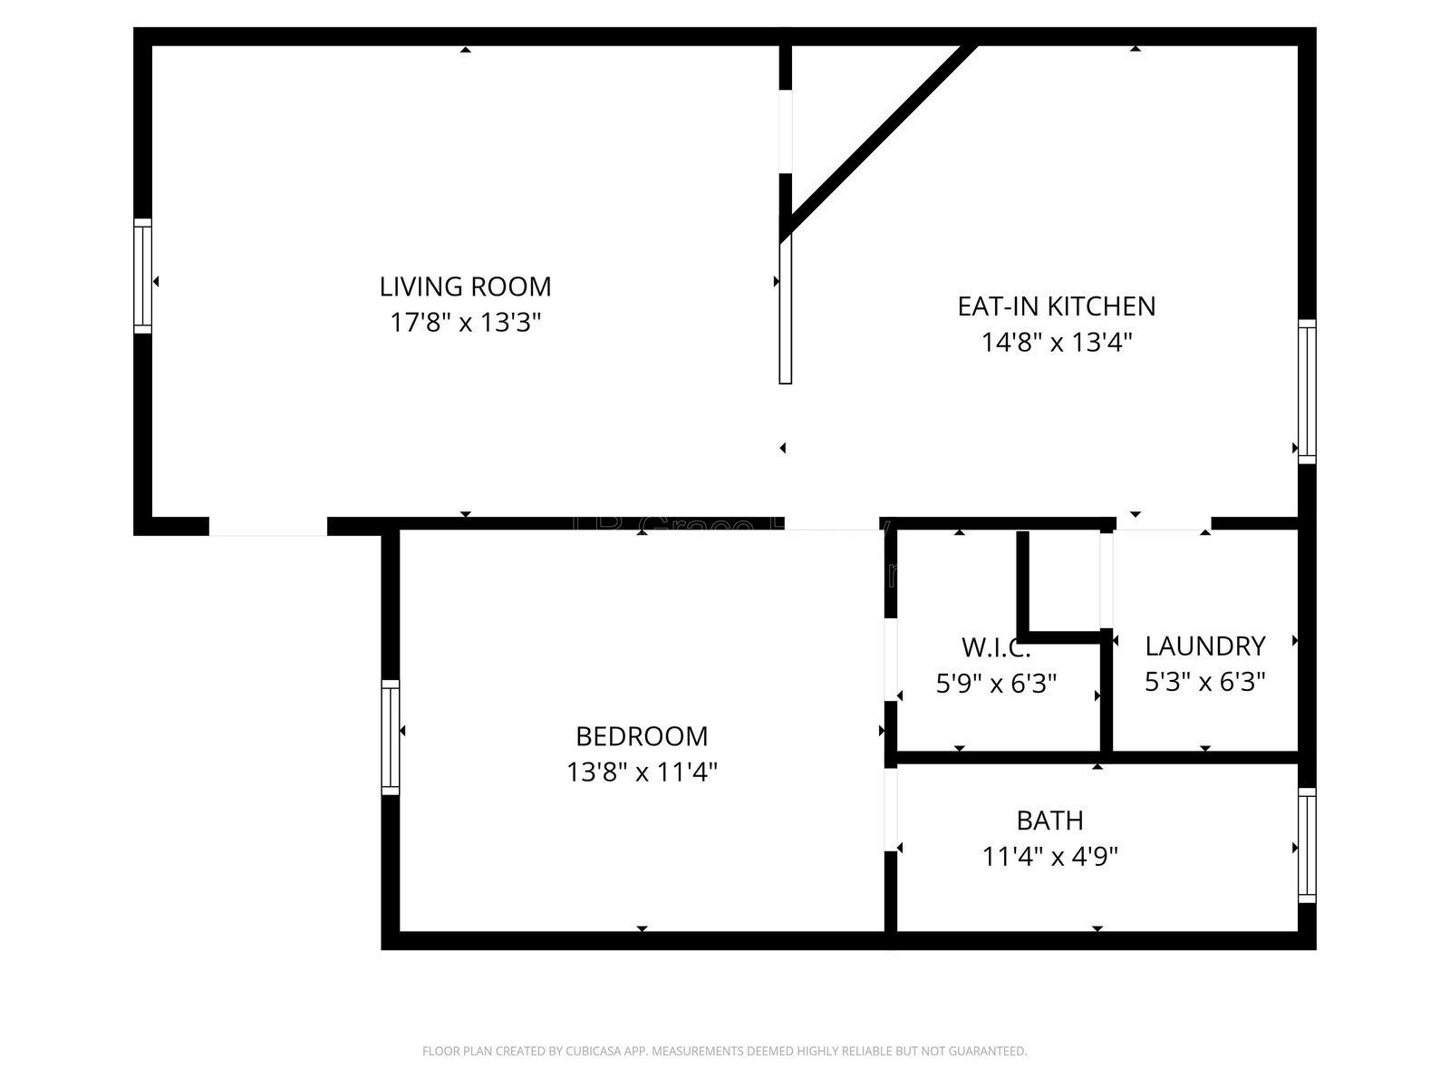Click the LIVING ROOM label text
click(x=465, y=287)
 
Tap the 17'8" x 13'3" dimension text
click(x=465, y=323)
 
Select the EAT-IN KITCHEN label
click(x=1057, y=306)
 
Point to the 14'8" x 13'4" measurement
click(x=1057, y=343)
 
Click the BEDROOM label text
click(x=642, y=735)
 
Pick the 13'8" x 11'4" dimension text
click(x=642, y=772)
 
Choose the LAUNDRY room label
click(x=1204, y=646)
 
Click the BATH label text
click(x=1049, y=821)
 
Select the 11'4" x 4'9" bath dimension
click(x=1049, y=857)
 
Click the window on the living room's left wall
click(x=142, y=276)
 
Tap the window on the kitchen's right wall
click(x=1306, y=391)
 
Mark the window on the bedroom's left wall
click(x=390, y=736)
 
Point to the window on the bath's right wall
click(x=1306, y=845)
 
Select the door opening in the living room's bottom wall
click(x=267, y=527)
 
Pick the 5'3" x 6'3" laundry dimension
click(x=1204, y=682)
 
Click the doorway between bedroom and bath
click(x=890, y=809)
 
